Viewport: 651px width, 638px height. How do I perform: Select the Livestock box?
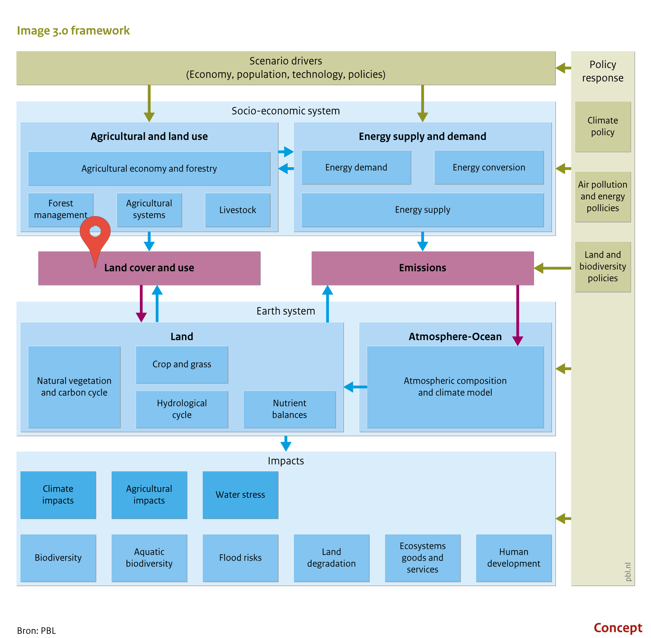tap(238, 210)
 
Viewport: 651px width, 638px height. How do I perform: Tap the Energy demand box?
tap(356, 167)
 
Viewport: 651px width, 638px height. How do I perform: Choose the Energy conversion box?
tap(489, 167)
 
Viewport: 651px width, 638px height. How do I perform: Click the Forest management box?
tap(61, 210)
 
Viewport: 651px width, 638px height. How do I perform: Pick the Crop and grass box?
tap(182, 364)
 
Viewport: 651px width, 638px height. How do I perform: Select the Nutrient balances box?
tap(290, 409)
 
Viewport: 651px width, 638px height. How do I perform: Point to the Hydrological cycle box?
tap(182, 409)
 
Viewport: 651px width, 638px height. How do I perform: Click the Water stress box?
tap(240, 495)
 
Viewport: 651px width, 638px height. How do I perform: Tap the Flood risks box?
tap(240, 558)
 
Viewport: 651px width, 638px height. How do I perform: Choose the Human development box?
tap(514, 558)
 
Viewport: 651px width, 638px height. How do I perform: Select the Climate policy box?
tap(603, 127)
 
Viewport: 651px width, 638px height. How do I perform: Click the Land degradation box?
tap(332, 558)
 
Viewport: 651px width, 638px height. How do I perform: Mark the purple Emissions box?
tap(422, 268)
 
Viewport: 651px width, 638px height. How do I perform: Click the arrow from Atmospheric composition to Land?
tap(355, 387)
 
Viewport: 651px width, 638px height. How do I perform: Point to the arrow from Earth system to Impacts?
tap(286, 444)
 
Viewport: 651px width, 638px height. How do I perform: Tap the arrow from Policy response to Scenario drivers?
tap(564, 68)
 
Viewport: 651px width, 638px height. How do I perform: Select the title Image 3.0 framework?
tap(73, 30)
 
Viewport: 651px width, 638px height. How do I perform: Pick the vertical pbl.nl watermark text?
tap(628, 572)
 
